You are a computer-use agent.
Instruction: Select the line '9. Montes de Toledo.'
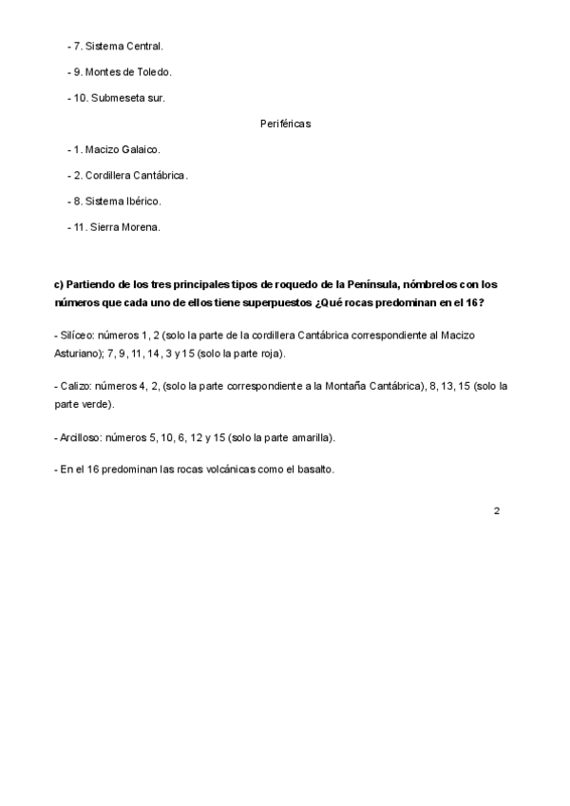123,71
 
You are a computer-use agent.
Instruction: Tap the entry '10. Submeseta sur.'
119,97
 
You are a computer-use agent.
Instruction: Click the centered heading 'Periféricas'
285,124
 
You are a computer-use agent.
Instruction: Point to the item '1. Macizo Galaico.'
117,149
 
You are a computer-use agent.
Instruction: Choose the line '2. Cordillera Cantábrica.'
131,175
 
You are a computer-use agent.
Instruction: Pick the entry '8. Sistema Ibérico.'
118,201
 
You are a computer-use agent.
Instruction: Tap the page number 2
497,510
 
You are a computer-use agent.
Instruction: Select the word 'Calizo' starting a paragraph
76,386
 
